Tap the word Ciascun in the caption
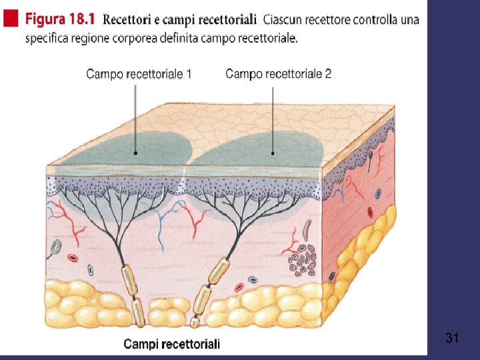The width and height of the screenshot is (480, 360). tap(284, 19)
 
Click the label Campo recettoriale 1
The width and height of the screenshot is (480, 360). tap(139, 74)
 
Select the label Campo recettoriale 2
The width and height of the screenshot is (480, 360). tap(278, 73)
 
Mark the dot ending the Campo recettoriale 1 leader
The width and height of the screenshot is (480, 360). tap(136, 153)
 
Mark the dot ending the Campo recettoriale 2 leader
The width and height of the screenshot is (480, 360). tap(273, 153)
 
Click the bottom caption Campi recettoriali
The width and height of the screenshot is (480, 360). tap(171, 344)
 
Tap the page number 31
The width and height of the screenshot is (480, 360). tap(452, 339)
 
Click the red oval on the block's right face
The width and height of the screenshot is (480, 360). tap(370, 212)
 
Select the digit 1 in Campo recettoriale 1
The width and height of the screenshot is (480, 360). tap(189, 74)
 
